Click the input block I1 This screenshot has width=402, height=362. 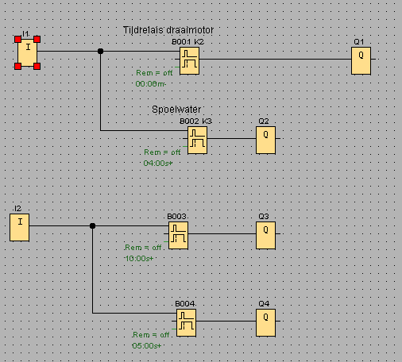point(28,52)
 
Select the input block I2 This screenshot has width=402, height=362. point(20,227)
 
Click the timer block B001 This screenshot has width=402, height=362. point(189,60)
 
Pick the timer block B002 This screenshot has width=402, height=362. point(197,140)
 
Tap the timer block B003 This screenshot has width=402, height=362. point(178,235)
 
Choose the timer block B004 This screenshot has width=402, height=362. point(186,322)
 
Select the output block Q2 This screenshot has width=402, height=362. point(265,140)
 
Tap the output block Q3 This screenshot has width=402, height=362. point(265,235)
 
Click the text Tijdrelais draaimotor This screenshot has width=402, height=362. point(168,30)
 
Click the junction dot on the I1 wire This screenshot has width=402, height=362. point(100,52)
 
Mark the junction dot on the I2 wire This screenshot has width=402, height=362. point(92,226)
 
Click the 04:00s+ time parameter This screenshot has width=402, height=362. point(158,163)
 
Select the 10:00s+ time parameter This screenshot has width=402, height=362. point(139,258)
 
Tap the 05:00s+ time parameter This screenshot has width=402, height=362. point(146,345)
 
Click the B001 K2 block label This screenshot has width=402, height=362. point(187,40)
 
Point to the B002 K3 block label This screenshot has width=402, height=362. point(195,121)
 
